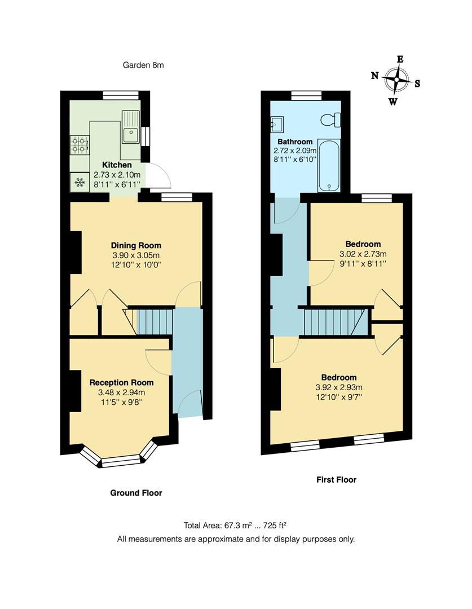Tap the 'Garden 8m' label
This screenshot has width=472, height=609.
pyautogui.click(x=143, y=65)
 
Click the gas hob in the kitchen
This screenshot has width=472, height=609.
pyautogui.click(x=80, y=145)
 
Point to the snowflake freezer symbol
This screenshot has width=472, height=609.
pyautogui.click(x=80, y=182)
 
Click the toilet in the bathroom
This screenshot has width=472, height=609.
pyautogui.click(x=329, y=119)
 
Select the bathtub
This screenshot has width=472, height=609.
pyautogui.click(x=327, y=165)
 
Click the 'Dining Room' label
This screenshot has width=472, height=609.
pyautogui.click(x=136, y=245)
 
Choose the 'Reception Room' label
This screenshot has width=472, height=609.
pyautogui.click(x=121, y=382)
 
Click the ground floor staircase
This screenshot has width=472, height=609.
pyautogui.click(x=154, y=321)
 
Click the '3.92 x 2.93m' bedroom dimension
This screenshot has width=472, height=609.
pyautogui.click(x=339, y=387)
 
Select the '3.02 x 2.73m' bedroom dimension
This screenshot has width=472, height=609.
pyautogui.click(x=363, y=254)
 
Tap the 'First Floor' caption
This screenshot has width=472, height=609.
pyautogui.click(x=336, y=480)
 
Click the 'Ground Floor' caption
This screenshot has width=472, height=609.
pyautogui.click(x=136, y=493)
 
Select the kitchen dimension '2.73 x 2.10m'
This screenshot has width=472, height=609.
pyautogui.click(x=117, y=175)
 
